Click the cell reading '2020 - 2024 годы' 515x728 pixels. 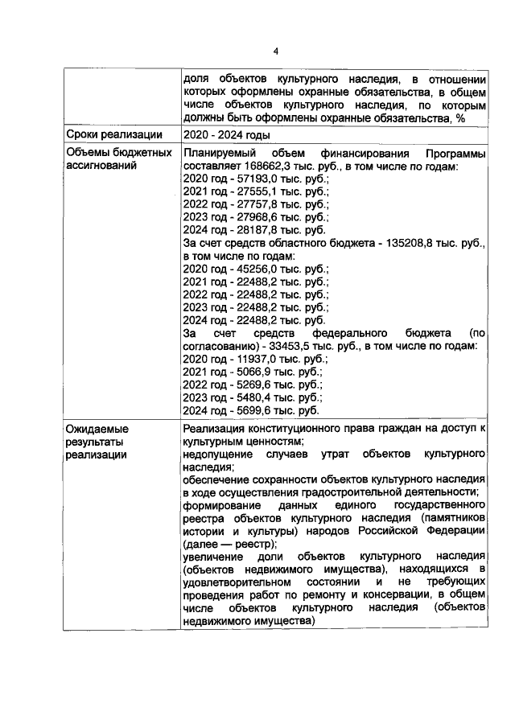tap(226, 134)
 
